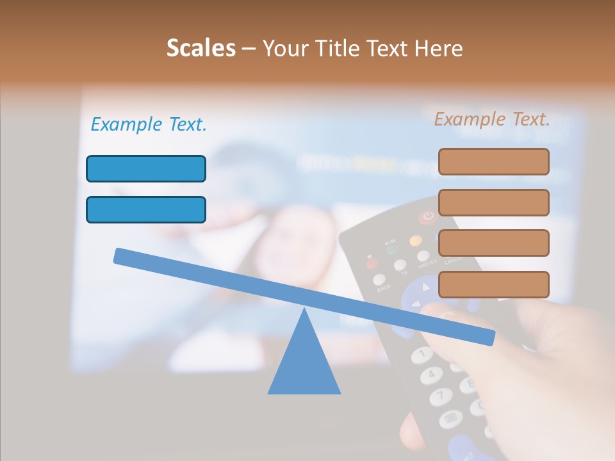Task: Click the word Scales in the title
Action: [201, 48]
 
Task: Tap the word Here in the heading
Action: [439, 48]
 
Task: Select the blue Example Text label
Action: [149, 125]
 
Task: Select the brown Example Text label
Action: [492, 119]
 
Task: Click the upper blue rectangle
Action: [146, 169]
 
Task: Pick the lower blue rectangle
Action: [146, 210]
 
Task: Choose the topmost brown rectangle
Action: [493, 161]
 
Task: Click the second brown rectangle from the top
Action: [493, 202]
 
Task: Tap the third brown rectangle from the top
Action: [493, 243]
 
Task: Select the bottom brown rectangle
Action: [493, 284]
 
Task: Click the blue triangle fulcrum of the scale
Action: [304, 362]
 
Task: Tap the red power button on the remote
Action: [427, 218]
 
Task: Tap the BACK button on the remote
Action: [380, 280]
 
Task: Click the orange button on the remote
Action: [416, 241]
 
